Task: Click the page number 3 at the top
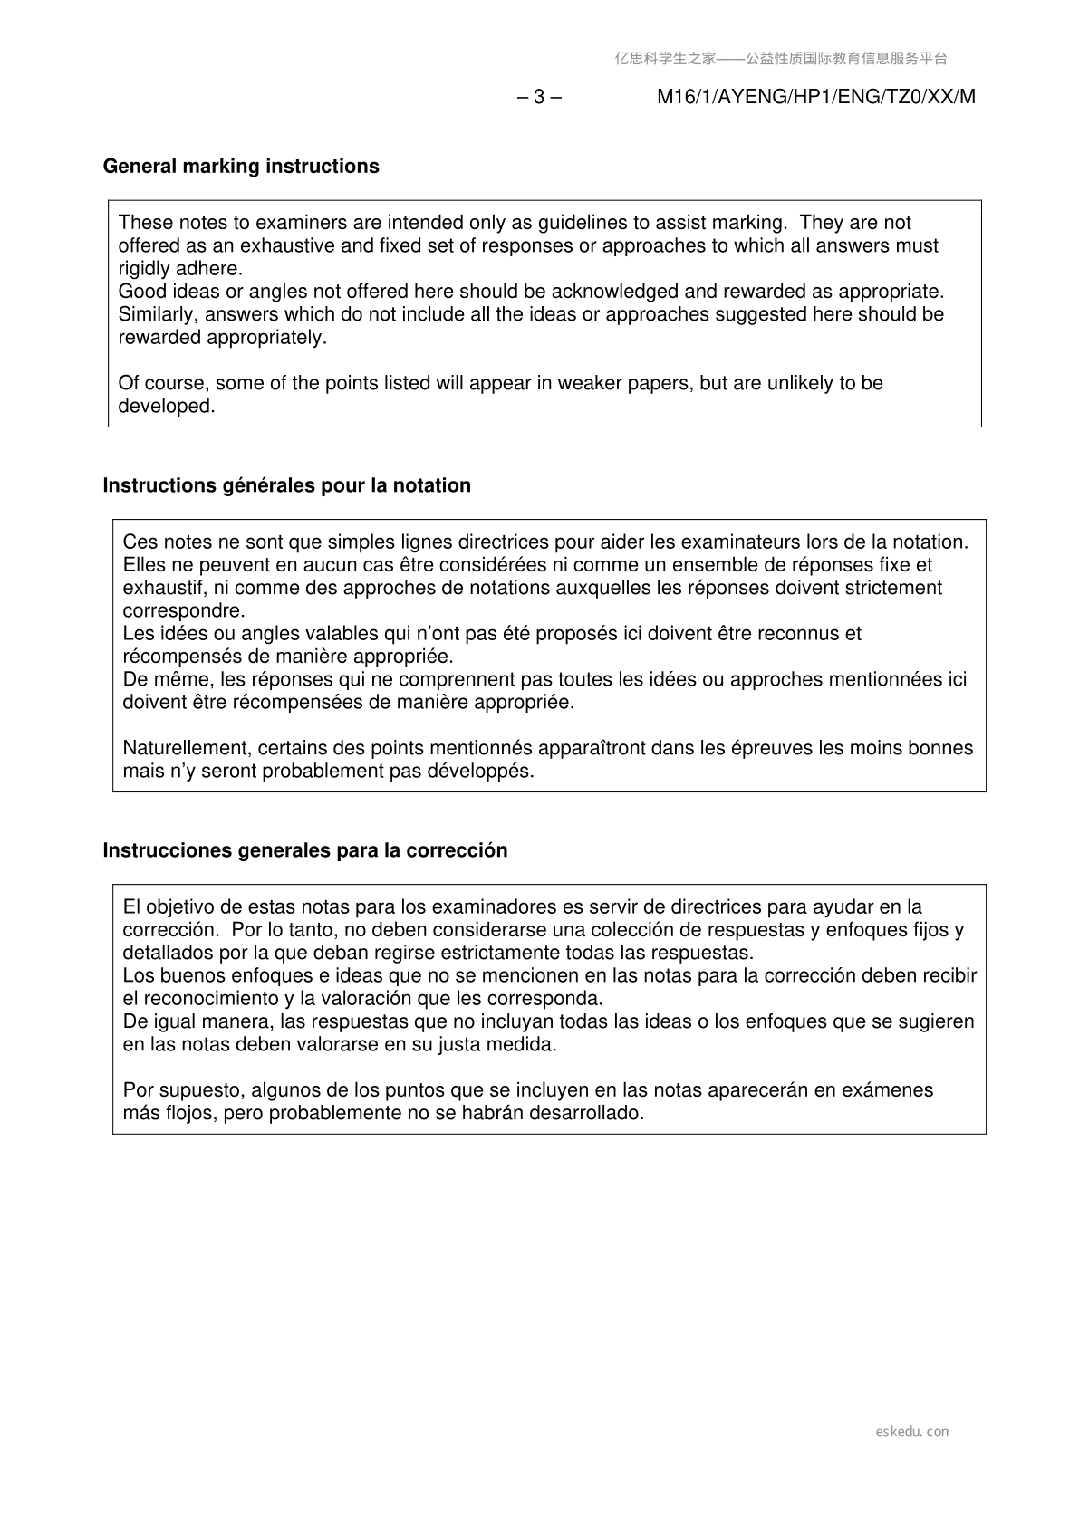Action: coord(539,97)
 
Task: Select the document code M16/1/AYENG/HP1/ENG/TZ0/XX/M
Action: coord(815,97)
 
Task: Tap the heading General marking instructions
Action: coord(241,167)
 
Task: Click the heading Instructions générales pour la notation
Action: coord(287,485)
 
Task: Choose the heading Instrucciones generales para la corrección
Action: coord(305,850)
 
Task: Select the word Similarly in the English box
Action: coord(155,314)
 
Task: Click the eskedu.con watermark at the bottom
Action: coord(912,1432)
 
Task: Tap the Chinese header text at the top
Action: coord(781,59)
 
